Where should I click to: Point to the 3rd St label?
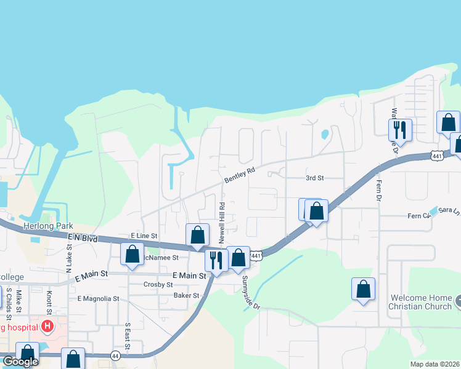314,178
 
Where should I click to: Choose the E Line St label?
144,236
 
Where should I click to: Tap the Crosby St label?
158,285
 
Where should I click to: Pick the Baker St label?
186,295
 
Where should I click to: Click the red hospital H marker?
47,327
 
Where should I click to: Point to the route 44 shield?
115,355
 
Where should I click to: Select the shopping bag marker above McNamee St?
132,254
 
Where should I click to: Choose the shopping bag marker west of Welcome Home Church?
363,288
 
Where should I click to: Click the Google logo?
20,362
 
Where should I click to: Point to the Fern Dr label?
378,188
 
